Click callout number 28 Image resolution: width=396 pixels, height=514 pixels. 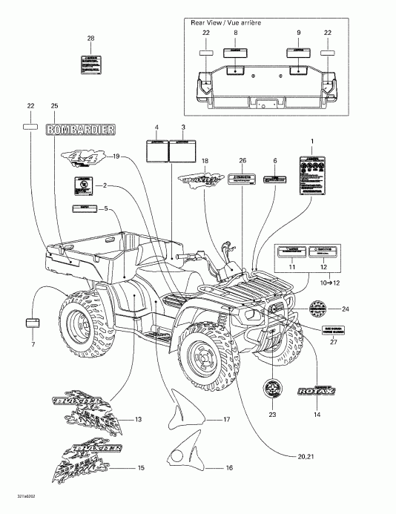click(x=90, y=38)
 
